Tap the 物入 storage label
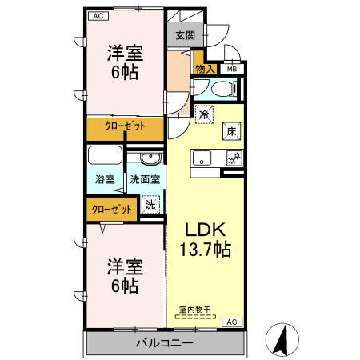click(205, 70)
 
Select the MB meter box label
click(231, 70)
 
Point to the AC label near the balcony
click(231, 321)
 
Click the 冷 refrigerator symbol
click(206, 114)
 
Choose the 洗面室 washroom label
click(146, 180)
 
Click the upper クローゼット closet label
click(126, 126)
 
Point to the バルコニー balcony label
click(163, 343)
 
